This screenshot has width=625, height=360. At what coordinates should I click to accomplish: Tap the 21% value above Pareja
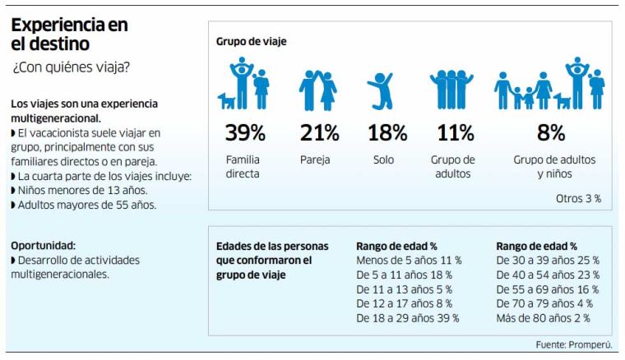(x=319, y=132)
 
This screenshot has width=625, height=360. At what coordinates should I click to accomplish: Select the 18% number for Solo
(x=387, y=132)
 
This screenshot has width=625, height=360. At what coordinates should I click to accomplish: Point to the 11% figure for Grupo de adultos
(x=454, y=132)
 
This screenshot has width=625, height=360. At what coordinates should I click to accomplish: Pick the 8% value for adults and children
(x=550, y=132)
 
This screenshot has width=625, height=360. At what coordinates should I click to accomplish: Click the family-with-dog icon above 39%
(x=244, y=85)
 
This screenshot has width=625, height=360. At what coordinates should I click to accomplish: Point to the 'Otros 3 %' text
(x=578, y=198)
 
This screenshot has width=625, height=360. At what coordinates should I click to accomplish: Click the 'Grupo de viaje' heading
(x=251, y=41)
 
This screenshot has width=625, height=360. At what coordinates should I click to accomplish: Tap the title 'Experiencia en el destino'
(x=69, y=34)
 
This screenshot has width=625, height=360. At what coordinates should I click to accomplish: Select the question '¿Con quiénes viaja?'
(x=71, y=67)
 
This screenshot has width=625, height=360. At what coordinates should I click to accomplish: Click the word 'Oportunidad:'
(x=43, y=245)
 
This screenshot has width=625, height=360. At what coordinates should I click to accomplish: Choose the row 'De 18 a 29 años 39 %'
(x=407, y=318)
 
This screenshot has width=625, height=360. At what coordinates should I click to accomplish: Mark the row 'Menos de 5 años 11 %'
(x=409, y=261)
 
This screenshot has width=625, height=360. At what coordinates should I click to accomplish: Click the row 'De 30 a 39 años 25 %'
(x=548, y=261)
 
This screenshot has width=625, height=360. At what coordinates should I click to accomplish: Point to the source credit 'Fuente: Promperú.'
(x=576, y=344)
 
